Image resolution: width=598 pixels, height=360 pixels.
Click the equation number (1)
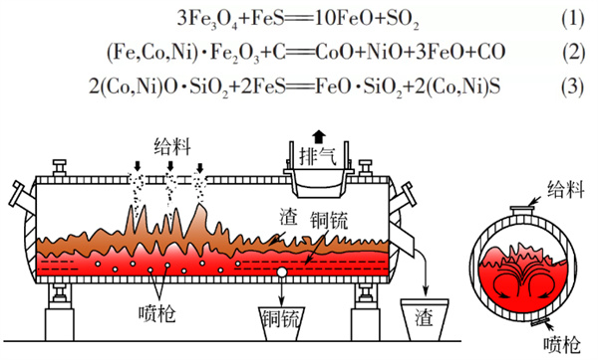572,19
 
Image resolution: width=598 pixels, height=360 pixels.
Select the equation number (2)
573,52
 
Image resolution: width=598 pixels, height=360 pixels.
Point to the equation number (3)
572,88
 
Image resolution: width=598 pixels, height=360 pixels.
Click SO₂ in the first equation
403,20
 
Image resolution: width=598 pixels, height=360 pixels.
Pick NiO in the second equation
384,52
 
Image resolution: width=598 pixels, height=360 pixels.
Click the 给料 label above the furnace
172,147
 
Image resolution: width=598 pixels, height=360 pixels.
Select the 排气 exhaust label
318,155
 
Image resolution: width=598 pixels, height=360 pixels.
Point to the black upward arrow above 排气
319,136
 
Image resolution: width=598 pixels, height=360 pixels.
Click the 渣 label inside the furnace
288,216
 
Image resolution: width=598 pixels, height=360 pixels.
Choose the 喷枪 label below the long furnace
157,314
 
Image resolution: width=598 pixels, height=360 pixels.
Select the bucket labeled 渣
425,319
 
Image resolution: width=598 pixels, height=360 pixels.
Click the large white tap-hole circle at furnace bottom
282,272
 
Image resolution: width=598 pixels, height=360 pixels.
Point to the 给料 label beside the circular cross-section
566,189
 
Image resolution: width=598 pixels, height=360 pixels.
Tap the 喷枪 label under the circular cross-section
561,345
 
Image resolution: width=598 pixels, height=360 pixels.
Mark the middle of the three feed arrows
170,166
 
